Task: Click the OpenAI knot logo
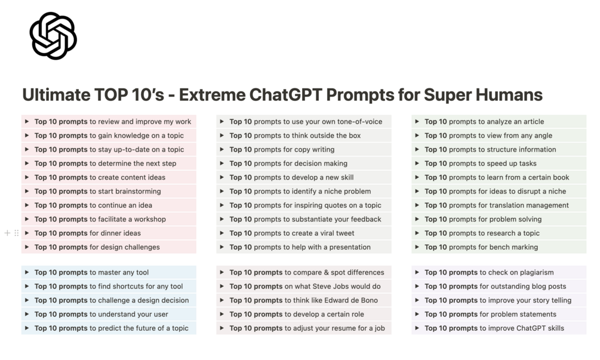[x=53, y=36]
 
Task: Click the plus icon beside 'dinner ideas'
[x=7, y=233]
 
